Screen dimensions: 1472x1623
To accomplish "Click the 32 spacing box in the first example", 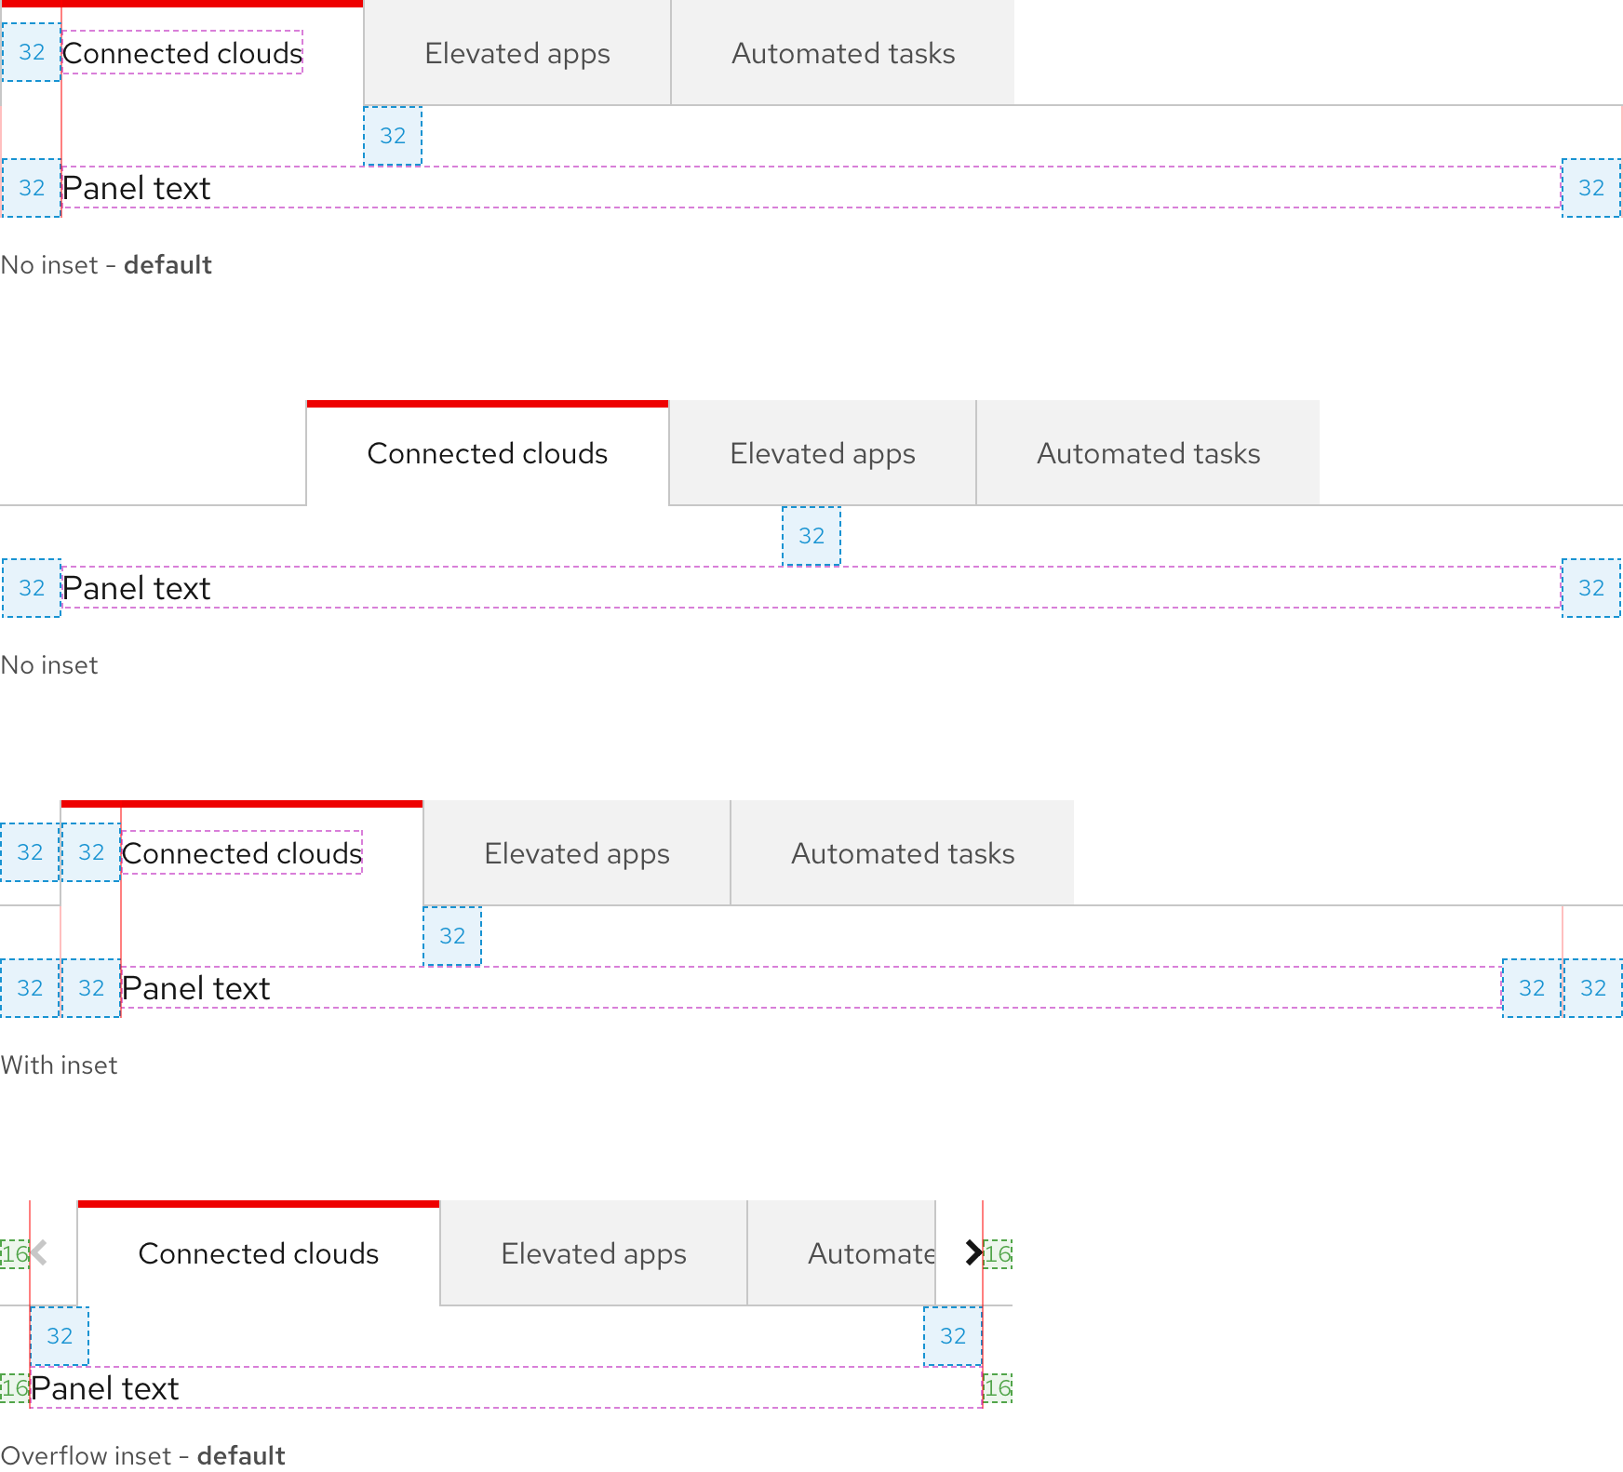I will coord(31,52).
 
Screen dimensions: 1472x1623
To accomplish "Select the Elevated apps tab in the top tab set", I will coord(517,54).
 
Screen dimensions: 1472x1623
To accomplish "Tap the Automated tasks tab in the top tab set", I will coord(843,54).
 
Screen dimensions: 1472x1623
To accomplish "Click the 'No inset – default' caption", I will coord(106,265).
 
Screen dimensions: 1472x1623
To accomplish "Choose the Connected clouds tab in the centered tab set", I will coord(487,454).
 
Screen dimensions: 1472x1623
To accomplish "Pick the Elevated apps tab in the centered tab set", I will coord(823,454).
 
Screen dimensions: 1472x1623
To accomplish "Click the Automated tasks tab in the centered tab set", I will coord(1148,454).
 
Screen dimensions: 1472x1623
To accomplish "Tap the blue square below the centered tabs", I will coord(811,536).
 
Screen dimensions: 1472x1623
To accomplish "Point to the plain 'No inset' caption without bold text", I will coord(49,665).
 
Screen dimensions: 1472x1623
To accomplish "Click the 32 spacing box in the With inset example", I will coord(90,852).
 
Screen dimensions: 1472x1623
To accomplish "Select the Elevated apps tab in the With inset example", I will coord(577,854).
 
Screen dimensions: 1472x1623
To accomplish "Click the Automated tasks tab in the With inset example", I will coord(903,854).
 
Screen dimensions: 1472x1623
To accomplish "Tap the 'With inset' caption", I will coord(59,1065).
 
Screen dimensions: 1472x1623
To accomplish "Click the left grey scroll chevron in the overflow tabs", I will coord(40,1253).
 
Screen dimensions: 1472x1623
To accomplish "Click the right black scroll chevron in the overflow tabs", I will coord(973,1253).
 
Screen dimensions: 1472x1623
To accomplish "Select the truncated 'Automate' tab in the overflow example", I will coord(869,1254).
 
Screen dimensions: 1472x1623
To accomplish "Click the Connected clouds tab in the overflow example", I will coord(259,1254).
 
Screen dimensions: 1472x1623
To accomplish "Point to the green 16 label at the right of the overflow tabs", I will coord(998,1254).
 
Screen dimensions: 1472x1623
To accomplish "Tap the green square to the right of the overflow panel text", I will coord(998,1388).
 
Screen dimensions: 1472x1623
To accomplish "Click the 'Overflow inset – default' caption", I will coord(142,1456).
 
